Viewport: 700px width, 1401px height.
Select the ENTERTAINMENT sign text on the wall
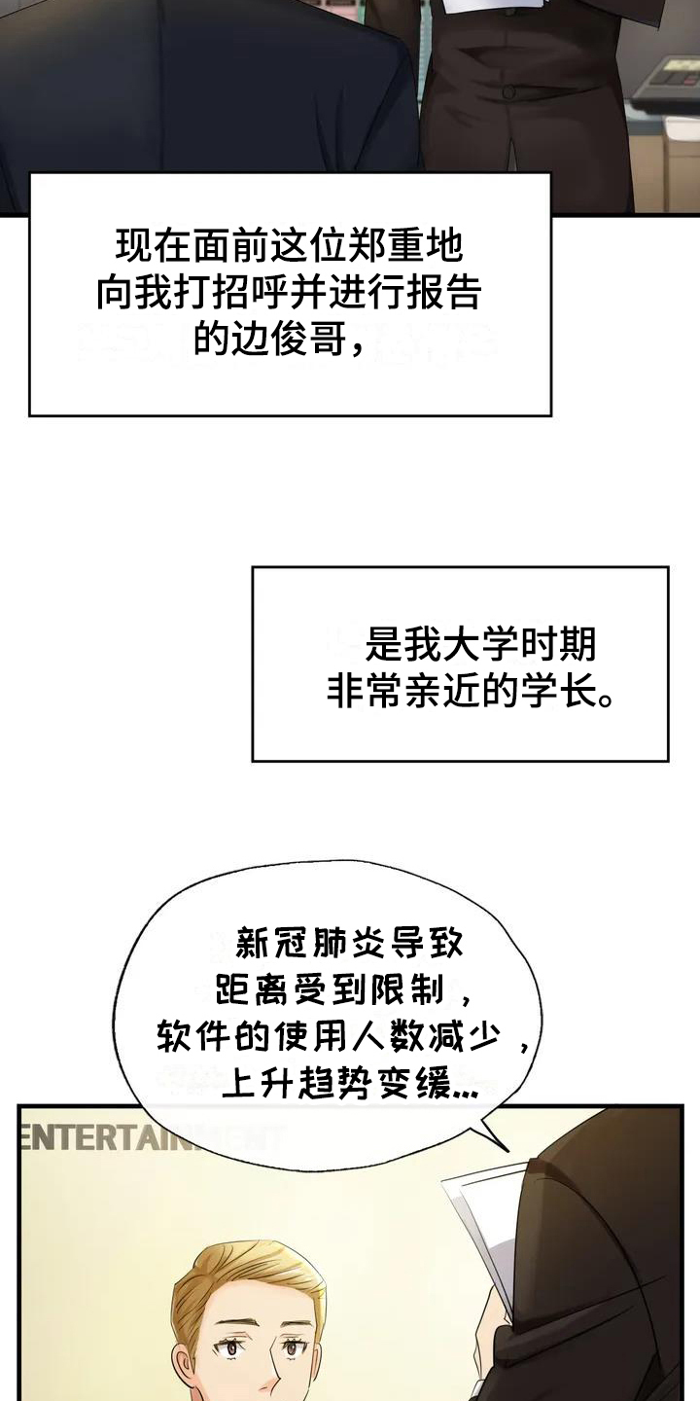[151, 1137]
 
